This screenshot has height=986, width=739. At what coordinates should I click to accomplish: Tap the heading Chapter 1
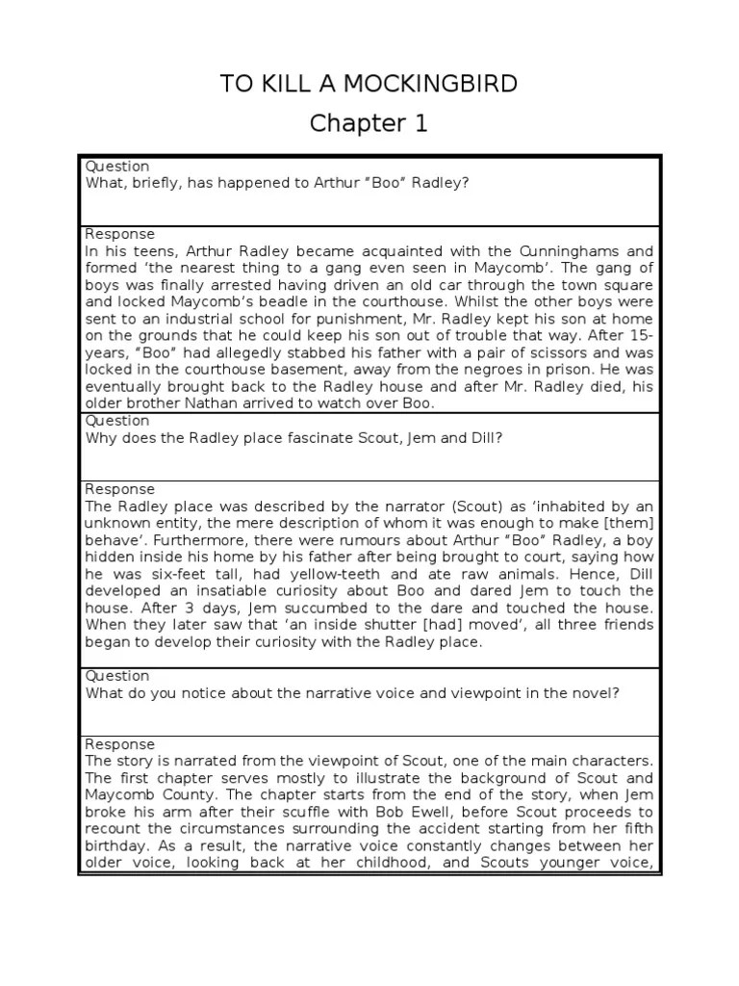coord(369,124)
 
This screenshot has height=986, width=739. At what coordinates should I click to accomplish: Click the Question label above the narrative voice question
coord(117,676)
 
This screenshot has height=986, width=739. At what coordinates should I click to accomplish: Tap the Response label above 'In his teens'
coord(120,234)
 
